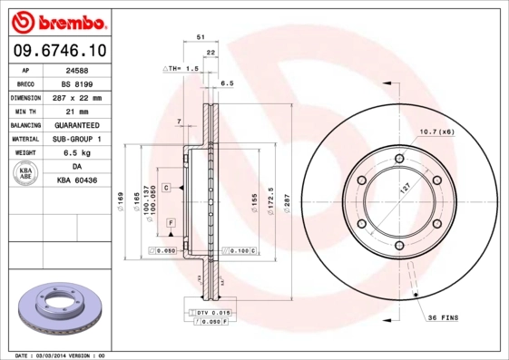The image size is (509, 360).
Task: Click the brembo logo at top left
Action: (57, 20)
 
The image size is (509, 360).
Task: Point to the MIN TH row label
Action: (24, 112)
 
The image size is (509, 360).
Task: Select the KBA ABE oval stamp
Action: (25, 174)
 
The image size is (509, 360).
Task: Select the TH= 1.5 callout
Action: (183, 69)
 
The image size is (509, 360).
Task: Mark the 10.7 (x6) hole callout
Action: (436, 132)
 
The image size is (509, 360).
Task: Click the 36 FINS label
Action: (444, 316)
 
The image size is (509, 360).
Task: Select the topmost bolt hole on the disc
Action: (399, 159)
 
